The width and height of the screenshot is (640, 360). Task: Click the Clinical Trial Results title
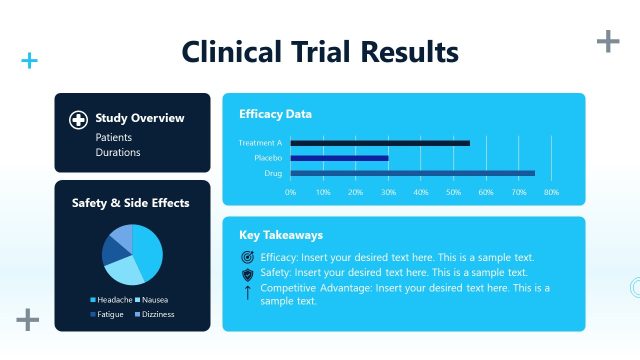coord(320,52)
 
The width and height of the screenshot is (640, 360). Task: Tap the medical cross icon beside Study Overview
coord(78,119)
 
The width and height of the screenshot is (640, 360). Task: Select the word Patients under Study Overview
coord(113,137)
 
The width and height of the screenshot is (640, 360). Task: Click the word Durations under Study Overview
coord(118,153)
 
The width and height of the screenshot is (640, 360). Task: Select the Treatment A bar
coord(380,143)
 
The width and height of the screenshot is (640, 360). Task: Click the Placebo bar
coord(339,158)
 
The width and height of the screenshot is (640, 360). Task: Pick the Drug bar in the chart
coord(412,173)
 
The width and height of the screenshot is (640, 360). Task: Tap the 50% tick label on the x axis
coord(453,191)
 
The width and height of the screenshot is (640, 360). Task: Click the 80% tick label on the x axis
coord(551,191)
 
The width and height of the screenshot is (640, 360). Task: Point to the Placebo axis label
coord(268,158)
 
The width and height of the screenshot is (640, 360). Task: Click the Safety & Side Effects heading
coord(130,203)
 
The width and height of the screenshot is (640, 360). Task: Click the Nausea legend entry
coord(152,299)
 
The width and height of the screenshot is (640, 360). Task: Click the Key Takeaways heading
coord(281,235)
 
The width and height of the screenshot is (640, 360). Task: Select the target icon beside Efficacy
coord(248,258)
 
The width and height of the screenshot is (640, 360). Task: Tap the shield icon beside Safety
coord(248,274)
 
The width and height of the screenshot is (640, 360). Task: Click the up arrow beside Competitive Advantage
coord(248,292)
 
